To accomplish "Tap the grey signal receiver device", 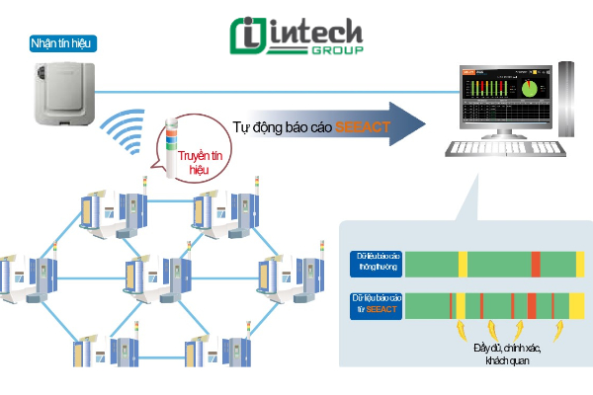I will (65, 94).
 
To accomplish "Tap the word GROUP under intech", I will (339, 50).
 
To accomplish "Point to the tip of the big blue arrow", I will (425, 123).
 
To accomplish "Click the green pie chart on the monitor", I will (530, 90).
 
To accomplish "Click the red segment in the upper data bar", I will (536, 264).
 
